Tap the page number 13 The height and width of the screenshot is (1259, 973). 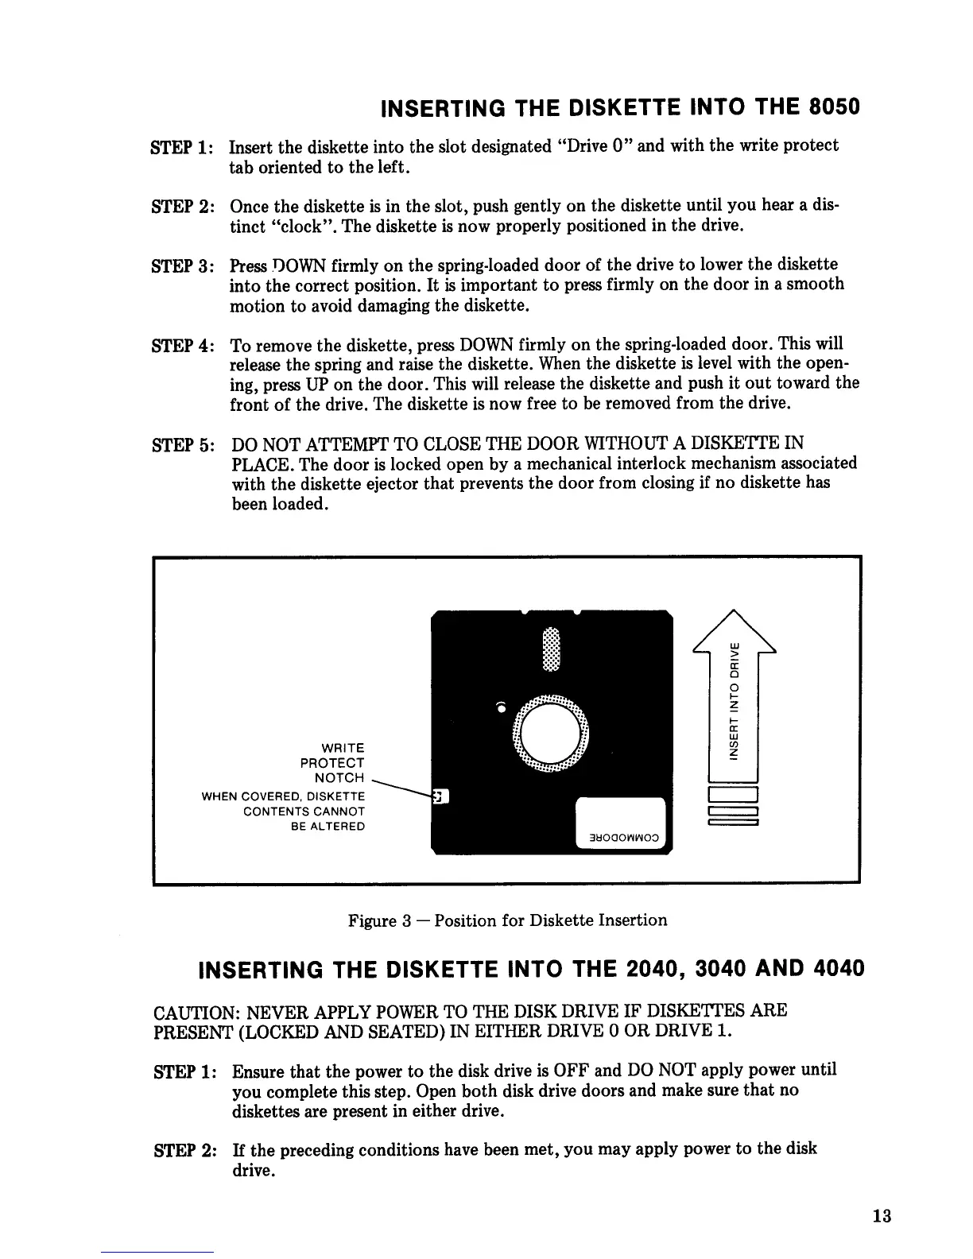click(x=881, y=1216)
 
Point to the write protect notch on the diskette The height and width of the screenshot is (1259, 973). click(x=440, y=796)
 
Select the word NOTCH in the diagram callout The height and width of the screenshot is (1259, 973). click(x=339, y=777)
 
